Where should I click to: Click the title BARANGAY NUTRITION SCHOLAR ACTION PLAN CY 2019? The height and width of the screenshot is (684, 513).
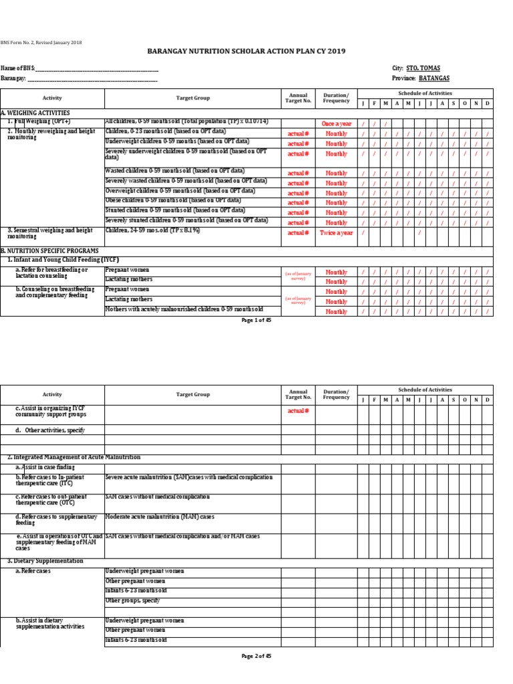tap(256, 52)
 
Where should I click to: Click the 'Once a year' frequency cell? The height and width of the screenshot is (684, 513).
tap(336, 124)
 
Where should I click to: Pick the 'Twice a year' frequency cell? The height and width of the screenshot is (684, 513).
tap(336, 232)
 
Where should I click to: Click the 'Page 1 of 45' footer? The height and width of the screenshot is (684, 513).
tap(256, 320)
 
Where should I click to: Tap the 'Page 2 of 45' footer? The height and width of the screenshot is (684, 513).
tap(256, 656)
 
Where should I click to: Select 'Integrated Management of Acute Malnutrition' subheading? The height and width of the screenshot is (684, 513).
tap(73, 457)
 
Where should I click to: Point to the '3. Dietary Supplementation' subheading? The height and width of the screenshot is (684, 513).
tap(45, 561)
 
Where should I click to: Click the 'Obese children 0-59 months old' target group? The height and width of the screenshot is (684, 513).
tap(173, 200)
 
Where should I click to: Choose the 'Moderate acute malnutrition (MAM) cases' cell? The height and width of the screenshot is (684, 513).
tap(160, 517)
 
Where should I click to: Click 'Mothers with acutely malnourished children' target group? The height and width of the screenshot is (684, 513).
tap(184, 309)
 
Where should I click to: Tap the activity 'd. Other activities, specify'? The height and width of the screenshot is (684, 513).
tap(53, 431)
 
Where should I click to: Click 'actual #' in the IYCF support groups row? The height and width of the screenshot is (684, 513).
tap(298, 411)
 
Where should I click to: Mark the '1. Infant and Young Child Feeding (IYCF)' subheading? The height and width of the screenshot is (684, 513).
tap(62, 259)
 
